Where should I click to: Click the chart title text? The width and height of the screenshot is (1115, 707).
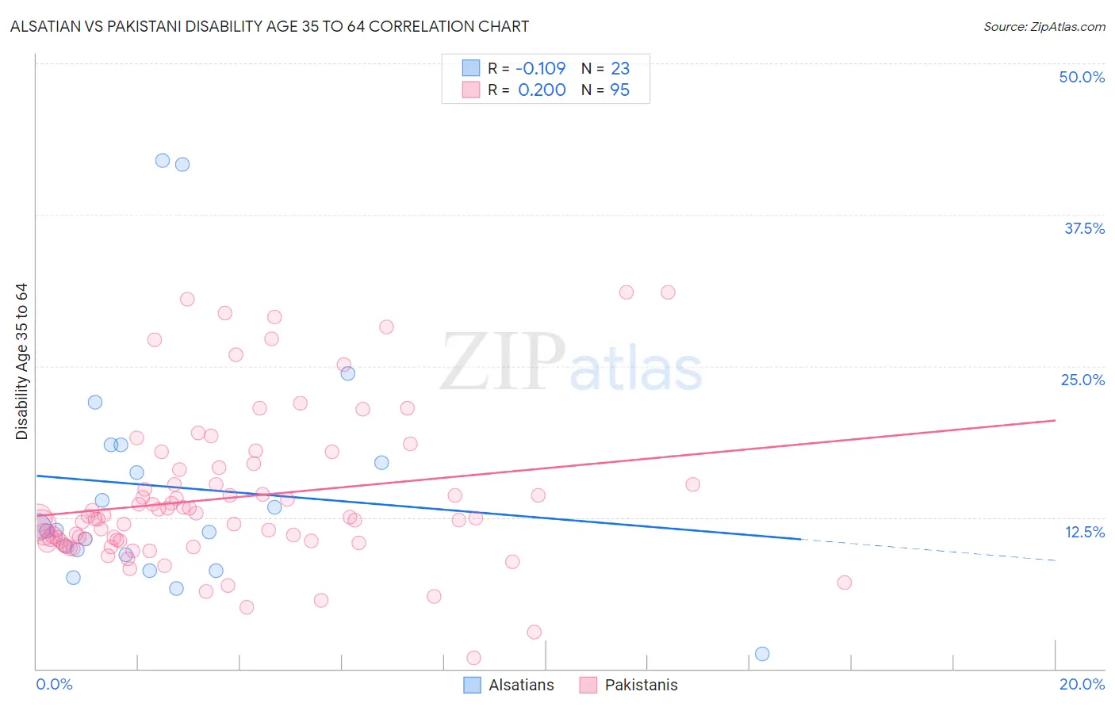270,26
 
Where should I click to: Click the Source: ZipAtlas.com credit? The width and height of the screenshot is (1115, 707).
1044,26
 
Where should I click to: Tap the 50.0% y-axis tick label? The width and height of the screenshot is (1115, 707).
1082,77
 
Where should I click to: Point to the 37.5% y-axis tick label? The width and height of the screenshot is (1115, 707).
1084,228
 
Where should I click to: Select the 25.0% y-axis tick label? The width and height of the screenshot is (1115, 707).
1082,380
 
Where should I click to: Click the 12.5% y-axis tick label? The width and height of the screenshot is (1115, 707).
1084,532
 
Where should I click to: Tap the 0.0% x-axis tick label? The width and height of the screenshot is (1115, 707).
54,684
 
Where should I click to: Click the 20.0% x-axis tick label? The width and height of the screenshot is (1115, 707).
1082,684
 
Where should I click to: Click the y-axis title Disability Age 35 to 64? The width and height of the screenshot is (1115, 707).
22,361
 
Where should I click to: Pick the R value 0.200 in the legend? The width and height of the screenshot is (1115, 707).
542,90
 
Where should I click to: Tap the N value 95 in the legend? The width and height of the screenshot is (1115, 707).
619,90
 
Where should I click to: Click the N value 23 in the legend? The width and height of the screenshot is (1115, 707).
619,69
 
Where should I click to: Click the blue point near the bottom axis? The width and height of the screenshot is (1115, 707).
762,654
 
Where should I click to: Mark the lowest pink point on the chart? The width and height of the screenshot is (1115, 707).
473,658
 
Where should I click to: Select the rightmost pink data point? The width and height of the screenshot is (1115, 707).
845,583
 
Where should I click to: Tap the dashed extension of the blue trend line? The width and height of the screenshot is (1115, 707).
928,550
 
